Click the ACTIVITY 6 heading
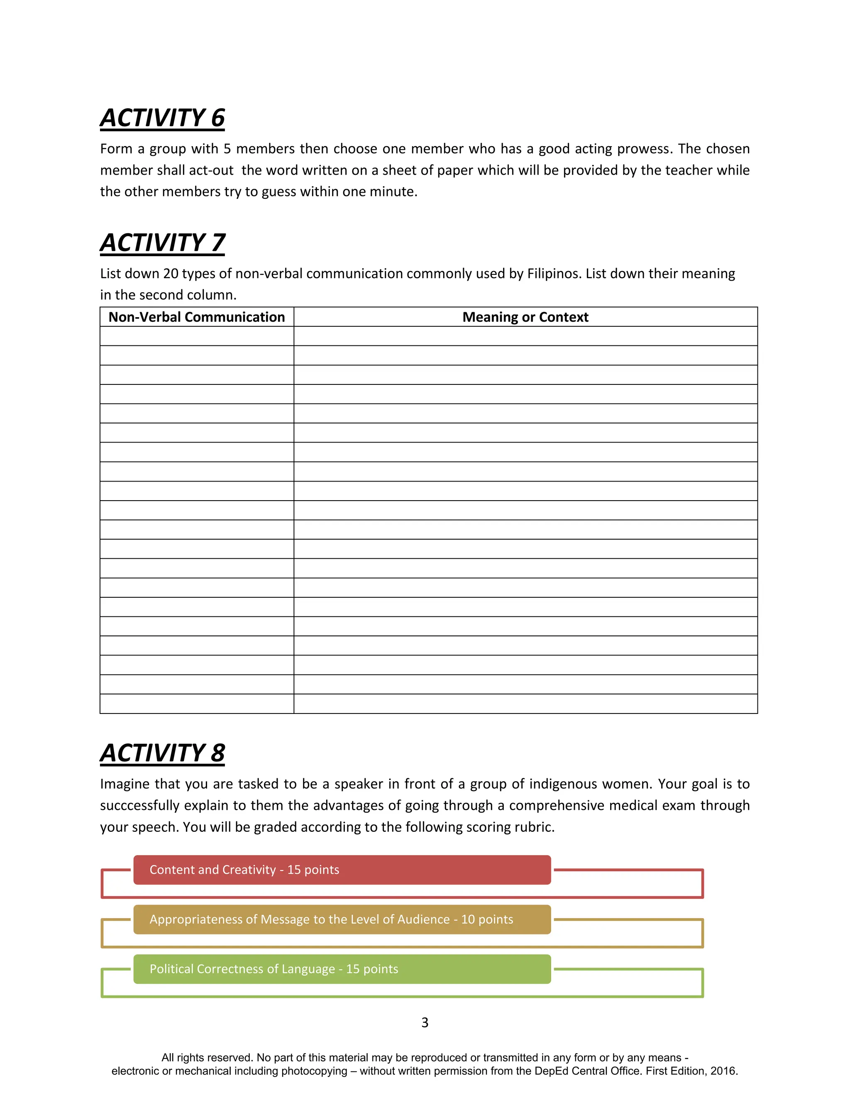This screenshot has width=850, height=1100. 162,118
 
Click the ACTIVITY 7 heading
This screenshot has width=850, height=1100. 162,243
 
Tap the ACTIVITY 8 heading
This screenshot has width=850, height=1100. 162,753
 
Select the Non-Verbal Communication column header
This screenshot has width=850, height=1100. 196,317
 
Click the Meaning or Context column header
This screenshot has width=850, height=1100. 525,317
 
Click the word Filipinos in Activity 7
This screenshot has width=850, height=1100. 554,274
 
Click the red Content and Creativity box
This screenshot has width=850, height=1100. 342,870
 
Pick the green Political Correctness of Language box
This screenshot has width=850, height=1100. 342,969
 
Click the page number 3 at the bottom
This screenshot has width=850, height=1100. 425,1022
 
